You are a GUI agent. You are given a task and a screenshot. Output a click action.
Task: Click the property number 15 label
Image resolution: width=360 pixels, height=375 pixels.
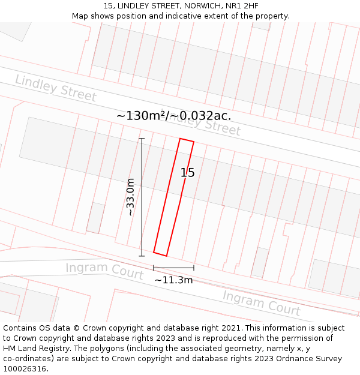pyautogui.click(x=188, y=173)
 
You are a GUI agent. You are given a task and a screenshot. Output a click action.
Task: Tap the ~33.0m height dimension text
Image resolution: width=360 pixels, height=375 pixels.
pyautogui.click(x=130, y=197)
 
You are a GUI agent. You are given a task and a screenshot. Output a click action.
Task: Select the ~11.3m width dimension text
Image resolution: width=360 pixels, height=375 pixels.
pyautogui.click(x=173, y=280)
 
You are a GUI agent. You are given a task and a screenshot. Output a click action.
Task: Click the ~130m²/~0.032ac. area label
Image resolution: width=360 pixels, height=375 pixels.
pyautogui.click(x=173, y=115)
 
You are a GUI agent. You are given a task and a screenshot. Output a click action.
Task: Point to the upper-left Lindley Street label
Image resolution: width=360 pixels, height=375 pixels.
pyautogui.click(x=55, y=88)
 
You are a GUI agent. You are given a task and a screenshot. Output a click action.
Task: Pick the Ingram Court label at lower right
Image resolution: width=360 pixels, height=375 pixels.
pyautogui.click(x=261, y=303)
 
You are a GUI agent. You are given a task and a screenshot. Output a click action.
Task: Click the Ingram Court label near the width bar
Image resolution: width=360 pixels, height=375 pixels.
pyautogui.click(x=104, y=271)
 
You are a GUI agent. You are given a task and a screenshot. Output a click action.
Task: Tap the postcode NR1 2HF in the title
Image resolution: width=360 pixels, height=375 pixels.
pyautogui.click(x=242, y=6)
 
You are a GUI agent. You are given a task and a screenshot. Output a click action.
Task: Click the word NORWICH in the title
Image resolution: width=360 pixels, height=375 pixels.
pyautogui.click(x=202, y=6)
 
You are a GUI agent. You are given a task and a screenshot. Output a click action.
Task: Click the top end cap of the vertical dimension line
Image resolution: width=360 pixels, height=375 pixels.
pyautogui.click(x=142, y=139)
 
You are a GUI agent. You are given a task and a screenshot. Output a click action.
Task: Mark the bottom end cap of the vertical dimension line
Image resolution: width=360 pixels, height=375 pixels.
pyautogui.click(x=142, y=256)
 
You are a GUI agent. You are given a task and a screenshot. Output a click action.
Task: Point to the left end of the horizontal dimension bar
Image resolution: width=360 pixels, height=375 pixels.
pyautogui.click(x=154, y=268)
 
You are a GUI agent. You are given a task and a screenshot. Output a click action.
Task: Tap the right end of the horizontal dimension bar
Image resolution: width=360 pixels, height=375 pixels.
pyautogui.click(x=194, y=268)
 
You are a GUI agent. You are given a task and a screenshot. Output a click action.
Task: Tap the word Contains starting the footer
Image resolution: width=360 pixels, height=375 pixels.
pyautogui.click(x=20, y=328)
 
